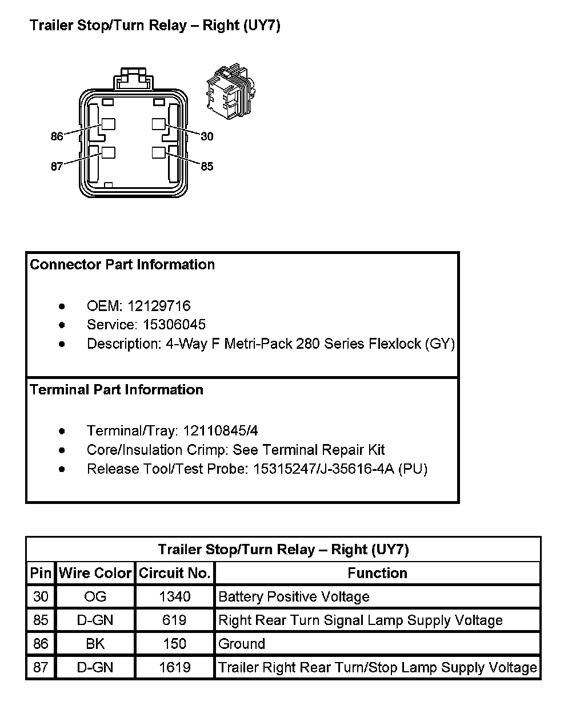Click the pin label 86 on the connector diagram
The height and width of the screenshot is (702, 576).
tap(57, 136)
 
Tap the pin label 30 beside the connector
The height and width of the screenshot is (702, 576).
tap(207, 136)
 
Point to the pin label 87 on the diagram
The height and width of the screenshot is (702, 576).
tap(57, 167)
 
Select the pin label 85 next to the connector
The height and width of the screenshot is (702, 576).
tap(207, 166)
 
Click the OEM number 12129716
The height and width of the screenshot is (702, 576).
tap(159, 306)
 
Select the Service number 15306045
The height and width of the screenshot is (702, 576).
tap(174, 325)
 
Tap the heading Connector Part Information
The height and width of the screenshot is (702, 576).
tap(122, 265)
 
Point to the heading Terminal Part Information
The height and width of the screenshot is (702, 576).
tap(117, 390)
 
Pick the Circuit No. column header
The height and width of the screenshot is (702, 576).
tap(175, 573)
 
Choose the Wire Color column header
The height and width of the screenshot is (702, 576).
tap(95, 573)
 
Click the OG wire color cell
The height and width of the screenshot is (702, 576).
tap(95, 597)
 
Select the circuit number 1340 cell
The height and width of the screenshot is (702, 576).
tap(175, 597)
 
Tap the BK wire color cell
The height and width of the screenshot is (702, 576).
tap(95, 644)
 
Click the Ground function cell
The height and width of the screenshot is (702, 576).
tap(242, 644)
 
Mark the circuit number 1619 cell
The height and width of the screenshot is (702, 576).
tap(175, 667)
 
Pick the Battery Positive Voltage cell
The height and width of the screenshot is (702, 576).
tap(294, 597)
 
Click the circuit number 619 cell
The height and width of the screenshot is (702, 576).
tap(175, 620)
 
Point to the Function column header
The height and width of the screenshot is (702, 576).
tap(377, 573)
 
